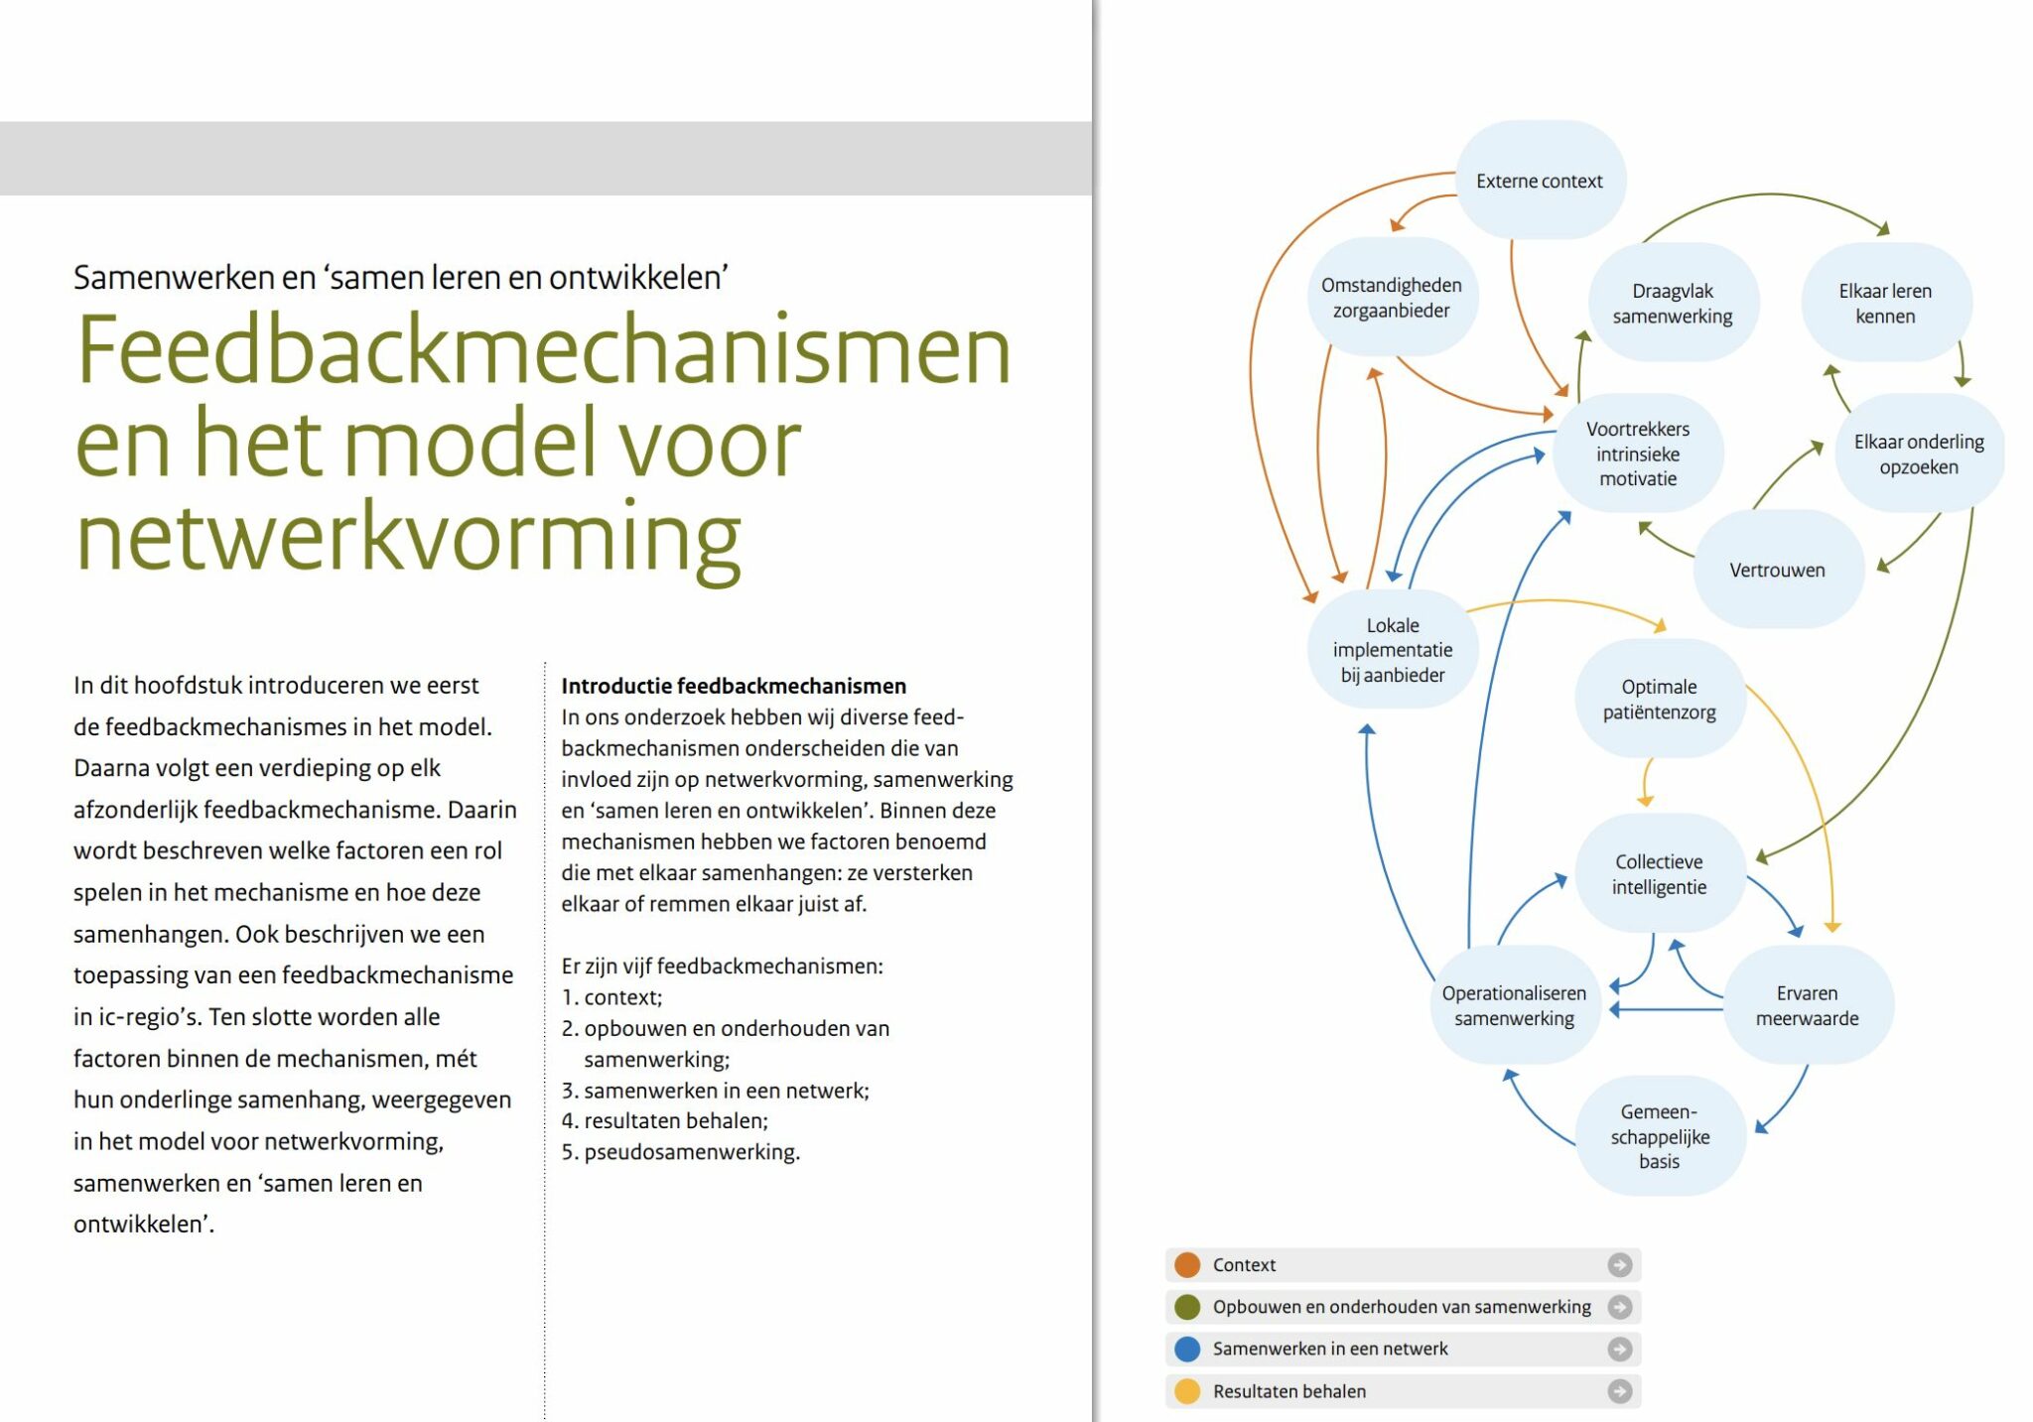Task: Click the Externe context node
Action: point(1539,181)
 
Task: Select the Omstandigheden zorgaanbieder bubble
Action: point(1391,298)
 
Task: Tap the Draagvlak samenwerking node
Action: point(1673,304)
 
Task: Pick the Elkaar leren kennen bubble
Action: point(1884,304)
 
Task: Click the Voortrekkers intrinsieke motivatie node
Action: point(1637,453)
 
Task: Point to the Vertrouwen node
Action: point(1777,570)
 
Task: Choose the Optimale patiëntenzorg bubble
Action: point(1659,699)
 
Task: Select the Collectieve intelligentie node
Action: point(1659,874)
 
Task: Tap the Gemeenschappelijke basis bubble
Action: point(1659,1136)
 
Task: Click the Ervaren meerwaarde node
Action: point(1807,1005)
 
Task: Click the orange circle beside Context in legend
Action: point(1187,1264)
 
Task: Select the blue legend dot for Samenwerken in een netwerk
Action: point(1187,1349)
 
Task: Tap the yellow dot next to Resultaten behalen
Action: point(1187,1391)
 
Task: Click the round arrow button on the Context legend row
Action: point(1619,1264)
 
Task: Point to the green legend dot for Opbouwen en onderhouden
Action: point(1187,1307)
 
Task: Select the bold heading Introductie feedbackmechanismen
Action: point(734,686)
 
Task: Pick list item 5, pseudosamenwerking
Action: point(681,1152)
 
